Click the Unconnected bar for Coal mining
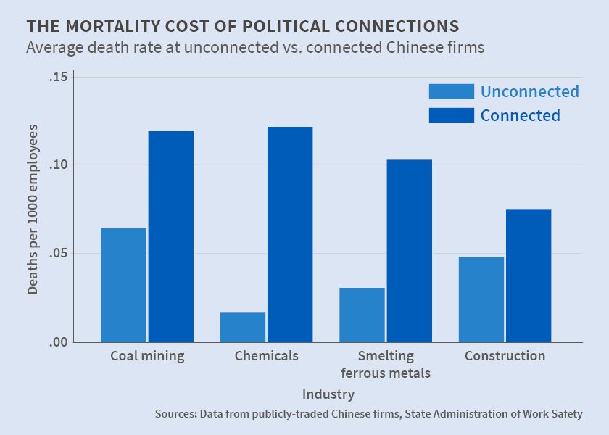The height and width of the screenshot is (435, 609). point(123,285)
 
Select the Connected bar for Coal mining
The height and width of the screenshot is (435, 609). point(171,236)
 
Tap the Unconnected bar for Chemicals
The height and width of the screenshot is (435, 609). point(243,327)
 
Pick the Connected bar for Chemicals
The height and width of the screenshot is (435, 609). point(290,234)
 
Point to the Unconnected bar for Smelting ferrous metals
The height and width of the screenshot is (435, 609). point(362,315)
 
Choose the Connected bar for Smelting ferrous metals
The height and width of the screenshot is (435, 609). point(410,251)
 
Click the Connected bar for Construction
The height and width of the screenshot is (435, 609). point(529,275)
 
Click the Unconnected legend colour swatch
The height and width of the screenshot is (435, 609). point(451,91)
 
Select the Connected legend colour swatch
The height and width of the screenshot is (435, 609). point(451,115)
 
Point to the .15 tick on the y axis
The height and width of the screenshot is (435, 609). point(58,77)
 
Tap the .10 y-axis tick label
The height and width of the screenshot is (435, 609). point(58,165)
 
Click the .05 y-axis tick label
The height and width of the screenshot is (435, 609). point(58,254)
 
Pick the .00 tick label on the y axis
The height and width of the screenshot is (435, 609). point(58,342)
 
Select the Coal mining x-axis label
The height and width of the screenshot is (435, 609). point(147,356)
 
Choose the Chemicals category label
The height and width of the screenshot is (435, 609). point(267,356)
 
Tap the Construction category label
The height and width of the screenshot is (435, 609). point(505,356)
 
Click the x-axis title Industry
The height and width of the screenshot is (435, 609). point(328,394)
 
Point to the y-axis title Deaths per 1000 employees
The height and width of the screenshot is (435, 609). point(33,209)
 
